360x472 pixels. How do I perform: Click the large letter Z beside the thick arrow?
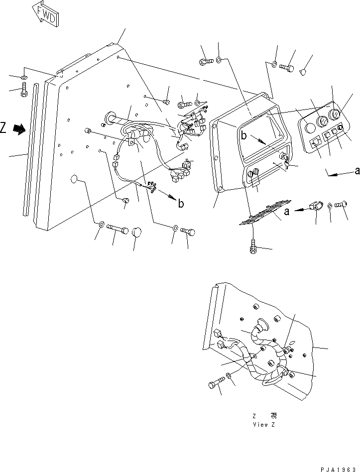click(4, 128)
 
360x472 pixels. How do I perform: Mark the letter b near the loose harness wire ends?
click(181, 204)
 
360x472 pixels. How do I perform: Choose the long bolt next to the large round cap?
click(119, 229)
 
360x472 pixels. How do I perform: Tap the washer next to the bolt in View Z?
click(228, 375)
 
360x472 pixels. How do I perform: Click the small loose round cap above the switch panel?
click(302, 73)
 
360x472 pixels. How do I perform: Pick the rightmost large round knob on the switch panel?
click(336, 116)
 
